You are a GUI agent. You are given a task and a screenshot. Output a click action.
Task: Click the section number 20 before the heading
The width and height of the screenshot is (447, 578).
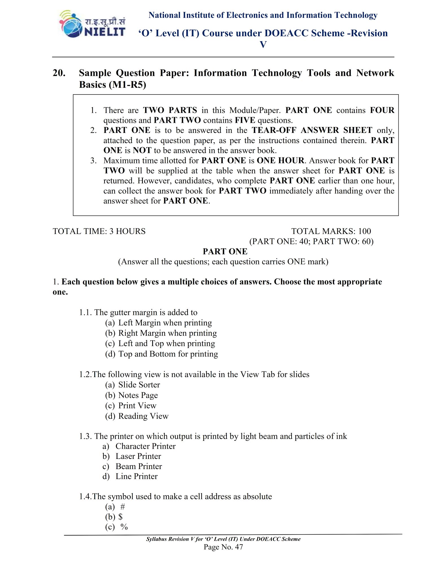[x=59, y=73]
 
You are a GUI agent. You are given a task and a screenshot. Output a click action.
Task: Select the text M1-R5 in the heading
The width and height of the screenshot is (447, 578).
[x=128, y=85]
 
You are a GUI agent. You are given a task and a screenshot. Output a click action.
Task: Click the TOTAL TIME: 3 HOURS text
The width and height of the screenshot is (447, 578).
[x=99, y=231]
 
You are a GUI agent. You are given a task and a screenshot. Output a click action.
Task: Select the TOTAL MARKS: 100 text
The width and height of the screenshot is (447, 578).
[x=331, y=231]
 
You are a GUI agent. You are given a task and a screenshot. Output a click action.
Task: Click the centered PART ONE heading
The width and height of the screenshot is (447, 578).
[x=225, y=251]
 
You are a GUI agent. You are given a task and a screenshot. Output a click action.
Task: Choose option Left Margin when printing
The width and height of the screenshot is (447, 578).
[x=165, y=323]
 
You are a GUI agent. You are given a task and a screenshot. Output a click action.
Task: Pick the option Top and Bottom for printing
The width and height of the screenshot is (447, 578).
[x=168, y=354]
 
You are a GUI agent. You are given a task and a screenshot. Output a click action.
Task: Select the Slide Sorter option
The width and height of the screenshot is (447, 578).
[x=139, y=385]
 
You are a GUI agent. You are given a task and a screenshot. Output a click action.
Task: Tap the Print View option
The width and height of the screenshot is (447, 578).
[x=137, y=406]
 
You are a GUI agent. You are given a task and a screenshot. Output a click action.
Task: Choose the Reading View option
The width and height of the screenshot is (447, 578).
[x=143, y=416]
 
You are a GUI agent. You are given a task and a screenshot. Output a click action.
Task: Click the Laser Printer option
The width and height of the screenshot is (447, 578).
[x=138, y=456]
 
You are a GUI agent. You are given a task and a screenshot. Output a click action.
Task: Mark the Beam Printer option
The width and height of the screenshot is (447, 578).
[x=139, y=466]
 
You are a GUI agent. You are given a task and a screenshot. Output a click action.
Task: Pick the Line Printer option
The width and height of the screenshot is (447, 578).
[x=136, y=476]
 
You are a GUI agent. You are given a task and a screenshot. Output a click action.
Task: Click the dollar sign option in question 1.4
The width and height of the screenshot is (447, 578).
[x=121, y=517]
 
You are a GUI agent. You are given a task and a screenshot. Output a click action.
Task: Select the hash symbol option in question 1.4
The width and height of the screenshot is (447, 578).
[x=123, y=507]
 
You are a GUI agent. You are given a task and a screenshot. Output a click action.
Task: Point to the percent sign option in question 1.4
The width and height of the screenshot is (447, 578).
[x=124, y=527]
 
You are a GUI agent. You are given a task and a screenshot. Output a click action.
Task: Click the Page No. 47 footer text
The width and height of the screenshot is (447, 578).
[x=223, y=547]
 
